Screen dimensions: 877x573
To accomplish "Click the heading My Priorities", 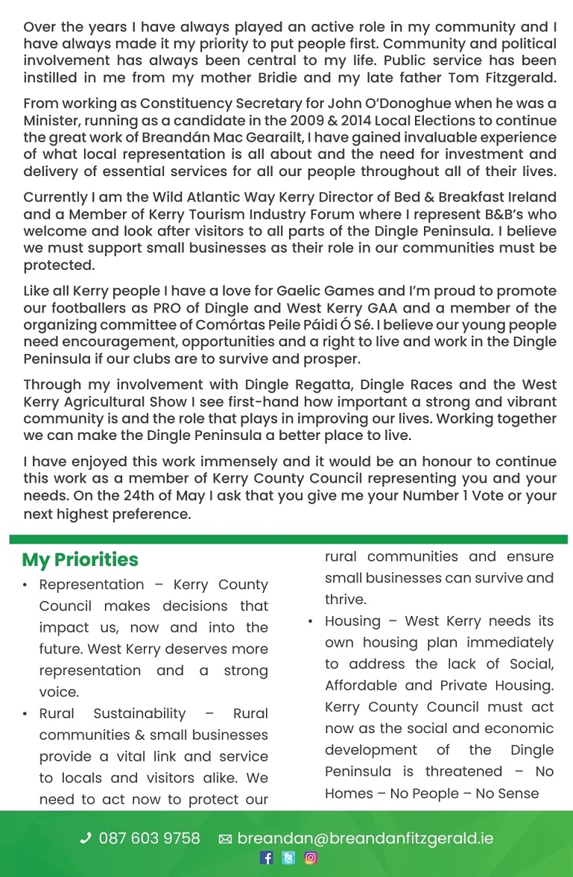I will (80, 560).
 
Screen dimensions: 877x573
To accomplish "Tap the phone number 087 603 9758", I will (149, 839).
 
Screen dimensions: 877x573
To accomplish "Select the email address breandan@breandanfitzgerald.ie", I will (364, 839).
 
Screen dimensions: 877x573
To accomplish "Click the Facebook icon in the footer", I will (267, 858).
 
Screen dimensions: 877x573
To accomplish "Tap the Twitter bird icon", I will (288, 858).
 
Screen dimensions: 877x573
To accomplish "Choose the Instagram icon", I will (311, 858).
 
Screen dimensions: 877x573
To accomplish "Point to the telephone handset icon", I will (86, 839).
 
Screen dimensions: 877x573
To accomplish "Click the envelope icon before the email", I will (225, 840).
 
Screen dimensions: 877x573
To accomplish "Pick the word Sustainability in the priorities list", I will (139, 714).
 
